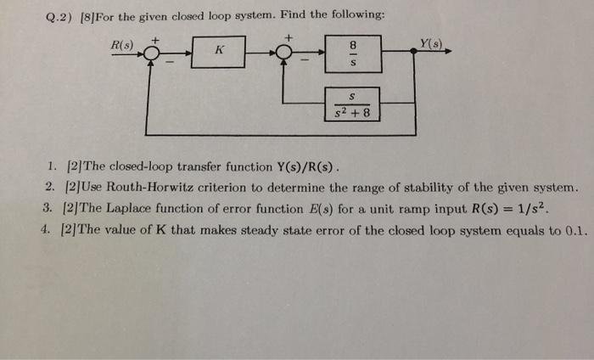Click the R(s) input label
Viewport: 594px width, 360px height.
122,42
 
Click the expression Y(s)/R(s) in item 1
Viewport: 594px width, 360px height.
306,166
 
